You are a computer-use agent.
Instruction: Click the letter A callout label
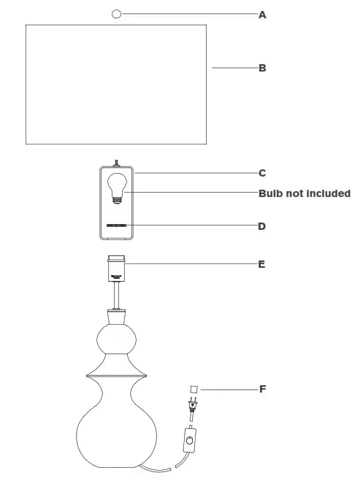(x=262, y=14)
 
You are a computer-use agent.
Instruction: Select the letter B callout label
(x=262, y=68)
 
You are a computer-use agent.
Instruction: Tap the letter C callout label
(x=262, y=173)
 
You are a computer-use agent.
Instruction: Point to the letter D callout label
(x=262, y=226)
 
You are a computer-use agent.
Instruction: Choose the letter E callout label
(x=262, y=264)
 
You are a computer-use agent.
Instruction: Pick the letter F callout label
(x=262, y=389)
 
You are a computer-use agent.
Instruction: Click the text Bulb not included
(x=305, y=193)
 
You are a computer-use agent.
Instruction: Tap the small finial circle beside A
(x=117, y=13)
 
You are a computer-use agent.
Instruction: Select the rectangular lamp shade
(x=117, y=84)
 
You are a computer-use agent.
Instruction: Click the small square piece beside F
(x=195, y=389)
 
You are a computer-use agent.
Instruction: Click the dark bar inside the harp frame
(x=117, y=226)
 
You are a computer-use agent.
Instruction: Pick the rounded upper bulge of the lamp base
(x=117, y=339)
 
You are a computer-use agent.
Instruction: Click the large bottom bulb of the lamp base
(x=117, y=434)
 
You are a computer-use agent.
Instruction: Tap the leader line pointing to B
(x=234, y=68)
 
